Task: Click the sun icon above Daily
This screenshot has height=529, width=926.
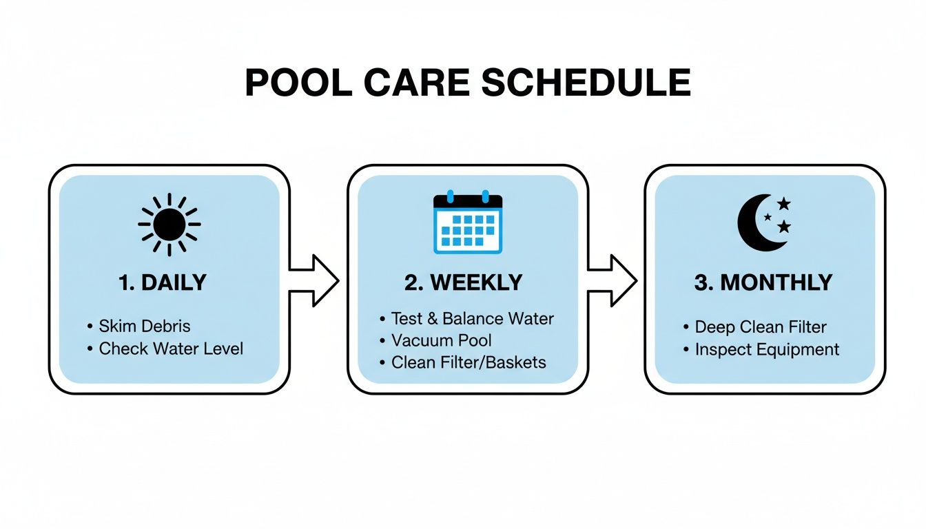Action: click(169, 225)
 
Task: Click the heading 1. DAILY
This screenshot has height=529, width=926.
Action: click(163, 283)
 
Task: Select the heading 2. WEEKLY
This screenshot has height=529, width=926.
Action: click(463, 283)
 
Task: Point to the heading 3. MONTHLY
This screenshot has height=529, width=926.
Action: click(763, 283)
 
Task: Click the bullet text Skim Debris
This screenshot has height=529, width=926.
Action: click(145, 326)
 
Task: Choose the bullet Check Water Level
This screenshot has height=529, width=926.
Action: click(171, 349)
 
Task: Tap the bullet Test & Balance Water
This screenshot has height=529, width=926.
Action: click(472, 318)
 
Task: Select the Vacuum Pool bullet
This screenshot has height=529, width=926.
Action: click(442, 340)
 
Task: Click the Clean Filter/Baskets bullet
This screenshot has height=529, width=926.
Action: click(469, 362)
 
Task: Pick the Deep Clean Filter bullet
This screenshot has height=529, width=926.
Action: click(761, 326)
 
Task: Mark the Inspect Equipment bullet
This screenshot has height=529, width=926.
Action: click(767, 349)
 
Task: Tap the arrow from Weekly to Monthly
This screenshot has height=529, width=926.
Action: click(614, 280)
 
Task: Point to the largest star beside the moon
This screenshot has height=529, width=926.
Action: click(784, 204)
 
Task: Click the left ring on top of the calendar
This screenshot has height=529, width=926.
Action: click(451, 196)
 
